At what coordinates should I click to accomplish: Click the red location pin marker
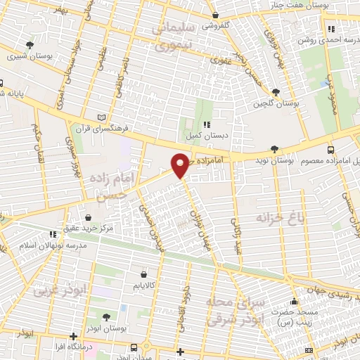tap(181, 165)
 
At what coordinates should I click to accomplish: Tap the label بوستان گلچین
tap(277, 103)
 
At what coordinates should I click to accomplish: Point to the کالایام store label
tap(144, 286)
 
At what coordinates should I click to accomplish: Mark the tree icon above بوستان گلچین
tap(276, 92)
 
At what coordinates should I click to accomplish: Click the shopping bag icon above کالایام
tap(144, 275)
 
